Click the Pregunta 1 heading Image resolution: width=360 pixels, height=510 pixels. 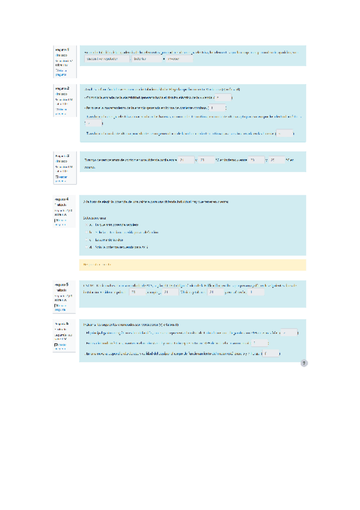point(61,49)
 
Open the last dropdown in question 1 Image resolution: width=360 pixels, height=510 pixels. point(178,59)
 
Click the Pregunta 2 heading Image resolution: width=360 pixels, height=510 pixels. point(61,87)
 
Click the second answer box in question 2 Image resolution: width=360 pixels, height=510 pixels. point(218,108)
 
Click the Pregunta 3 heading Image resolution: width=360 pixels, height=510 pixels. point(61,155)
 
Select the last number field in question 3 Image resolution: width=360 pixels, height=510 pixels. point(278,160)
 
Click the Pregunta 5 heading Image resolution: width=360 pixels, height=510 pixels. point(61,284)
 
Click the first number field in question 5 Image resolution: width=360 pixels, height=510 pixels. point(138,292)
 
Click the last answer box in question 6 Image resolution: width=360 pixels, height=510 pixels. point(272,354)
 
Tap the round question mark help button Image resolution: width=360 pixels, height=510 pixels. point(304,363)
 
